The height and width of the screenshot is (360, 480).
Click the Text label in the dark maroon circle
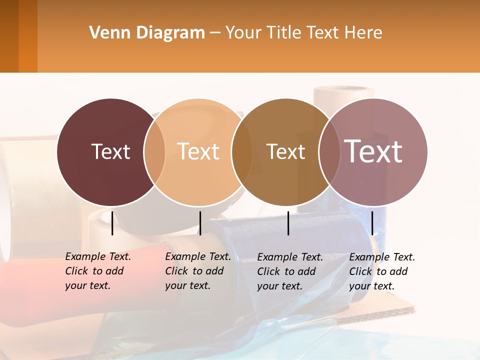tap(110, 151)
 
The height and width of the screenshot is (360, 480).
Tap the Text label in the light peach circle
tap(198, 151)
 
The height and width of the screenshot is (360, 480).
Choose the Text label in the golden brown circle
tap(285, 151)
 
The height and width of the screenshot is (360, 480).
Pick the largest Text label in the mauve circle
tap(373, 151)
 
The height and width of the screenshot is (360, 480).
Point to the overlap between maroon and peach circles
tap(154, 152)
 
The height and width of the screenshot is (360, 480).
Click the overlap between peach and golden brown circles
tap(242, 152)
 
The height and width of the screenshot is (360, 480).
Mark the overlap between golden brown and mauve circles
tap(329, 152)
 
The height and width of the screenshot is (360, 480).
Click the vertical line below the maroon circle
tap(112, 223)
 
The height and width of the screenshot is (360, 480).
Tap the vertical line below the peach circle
tap(200, 223)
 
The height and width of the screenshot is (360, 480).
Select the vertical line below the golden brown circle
tap(288, 223)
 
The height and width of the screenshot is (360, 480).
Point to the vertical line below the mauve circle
tap(372, 223)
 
